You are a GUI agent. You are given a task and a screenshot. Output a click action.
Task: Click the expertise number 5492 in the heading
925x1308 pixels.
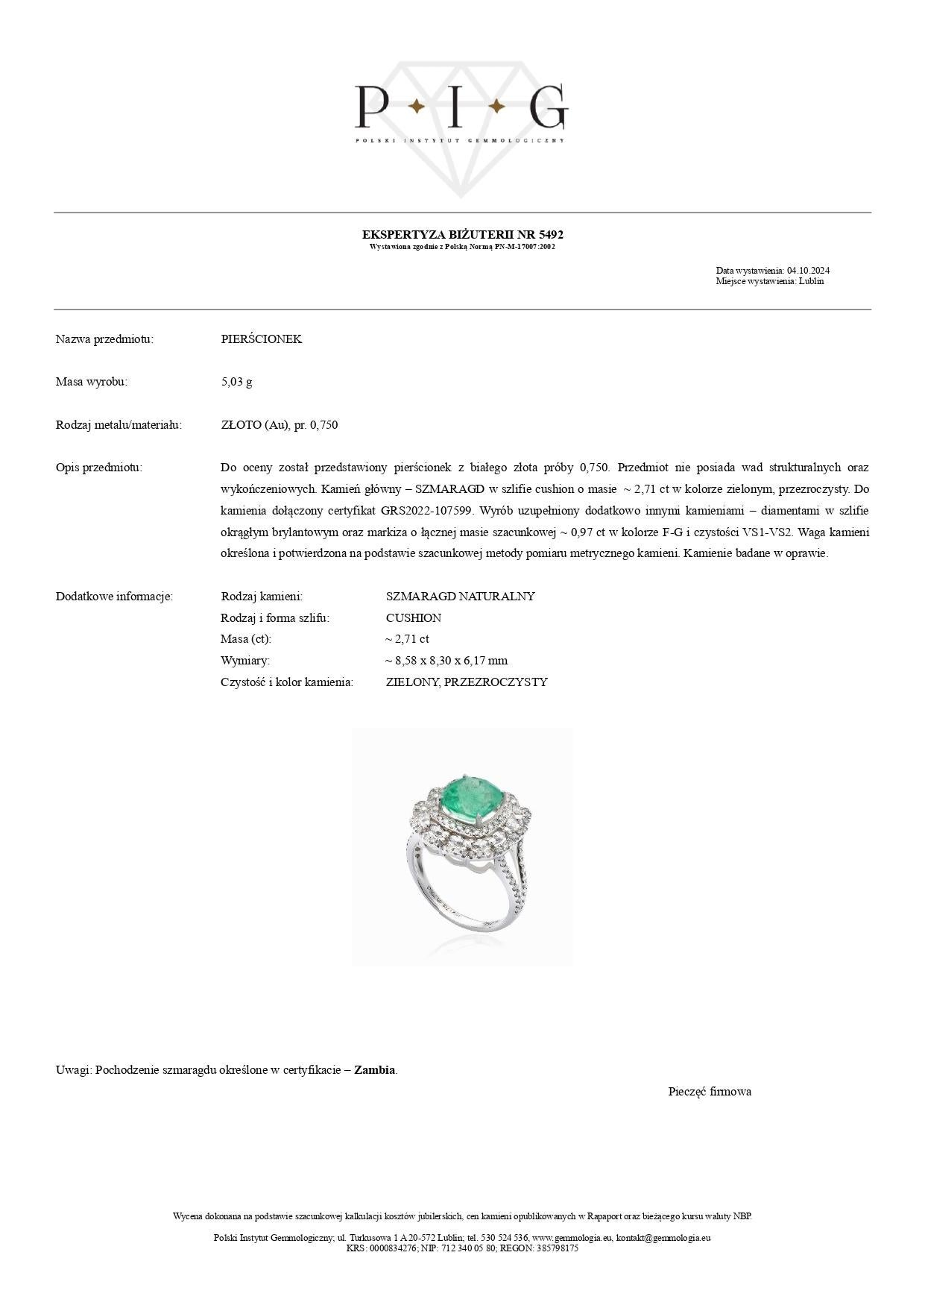[x=551, y=235]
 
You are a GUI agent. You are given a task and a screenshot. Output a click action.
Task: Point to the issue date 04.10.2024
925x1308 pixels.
[x=808, y=271]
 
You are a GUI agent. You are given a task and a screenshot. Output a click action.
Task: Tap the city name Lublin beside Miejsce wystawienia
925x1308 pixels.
[x=811, y=281]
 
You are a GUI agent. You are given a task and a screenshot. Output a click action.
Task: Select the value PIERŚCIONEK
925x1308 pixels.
[x=261, y=339]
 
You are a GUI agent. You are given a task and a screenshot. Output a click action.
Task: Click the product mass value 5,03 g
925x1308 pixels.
[x=236, y=382]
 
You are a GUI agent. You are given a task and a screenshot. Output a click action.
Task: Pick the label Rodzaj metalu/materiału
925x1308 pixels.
[x=119, y=425]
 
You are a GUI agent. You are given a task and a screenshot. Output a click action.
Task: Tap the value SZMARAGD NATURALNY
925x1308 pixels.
[x=460, y=597]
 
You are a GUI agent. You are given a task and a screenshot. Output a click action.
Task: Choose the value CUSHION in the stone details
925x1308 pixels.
[x=413, y=618]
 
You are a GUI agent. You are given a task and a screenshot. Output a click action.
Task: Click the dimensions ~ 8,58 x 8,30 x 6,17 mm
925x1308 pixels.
[x=446, y=661]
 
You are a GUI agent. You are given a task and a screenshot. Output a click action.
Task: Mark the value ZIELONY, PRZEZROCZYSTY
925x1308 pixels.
[x=466, y=682]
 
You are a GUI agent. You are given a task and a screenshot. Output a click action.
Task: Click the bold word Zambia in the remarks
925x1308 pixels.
[x=374, y=1070]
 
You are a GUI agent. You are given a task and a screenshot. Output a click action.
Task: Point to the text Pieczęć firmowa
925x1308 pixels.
[x=709, y=1092]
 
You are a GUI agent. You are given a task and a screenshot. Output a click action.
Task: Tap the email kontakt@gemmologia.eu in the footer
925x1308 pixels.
[x=663, y=1238]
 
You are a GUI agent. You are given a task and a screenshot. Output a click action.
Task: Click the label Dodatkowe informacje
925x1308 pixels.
[x=114, y=597]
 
